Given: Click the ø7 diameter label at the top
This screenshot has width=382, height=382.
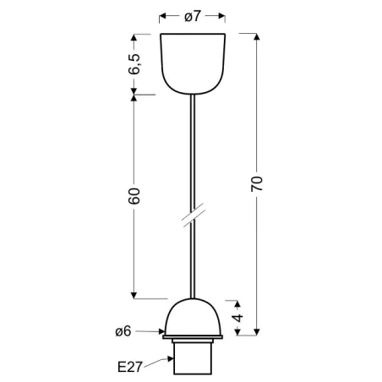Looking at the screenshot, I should [192, 15].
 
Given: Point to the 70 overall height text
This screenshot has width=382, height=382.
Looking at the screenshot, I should [258, 183].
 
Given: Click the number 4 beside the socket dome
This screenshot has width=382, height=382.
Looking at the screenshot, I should [239, 319].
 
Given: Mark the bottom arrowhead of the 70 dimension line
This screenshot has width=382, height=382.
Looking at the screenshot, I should [258, 334].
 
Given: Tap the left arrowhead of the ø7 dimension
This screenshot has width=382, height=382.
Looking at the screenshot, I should [163, 15].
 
